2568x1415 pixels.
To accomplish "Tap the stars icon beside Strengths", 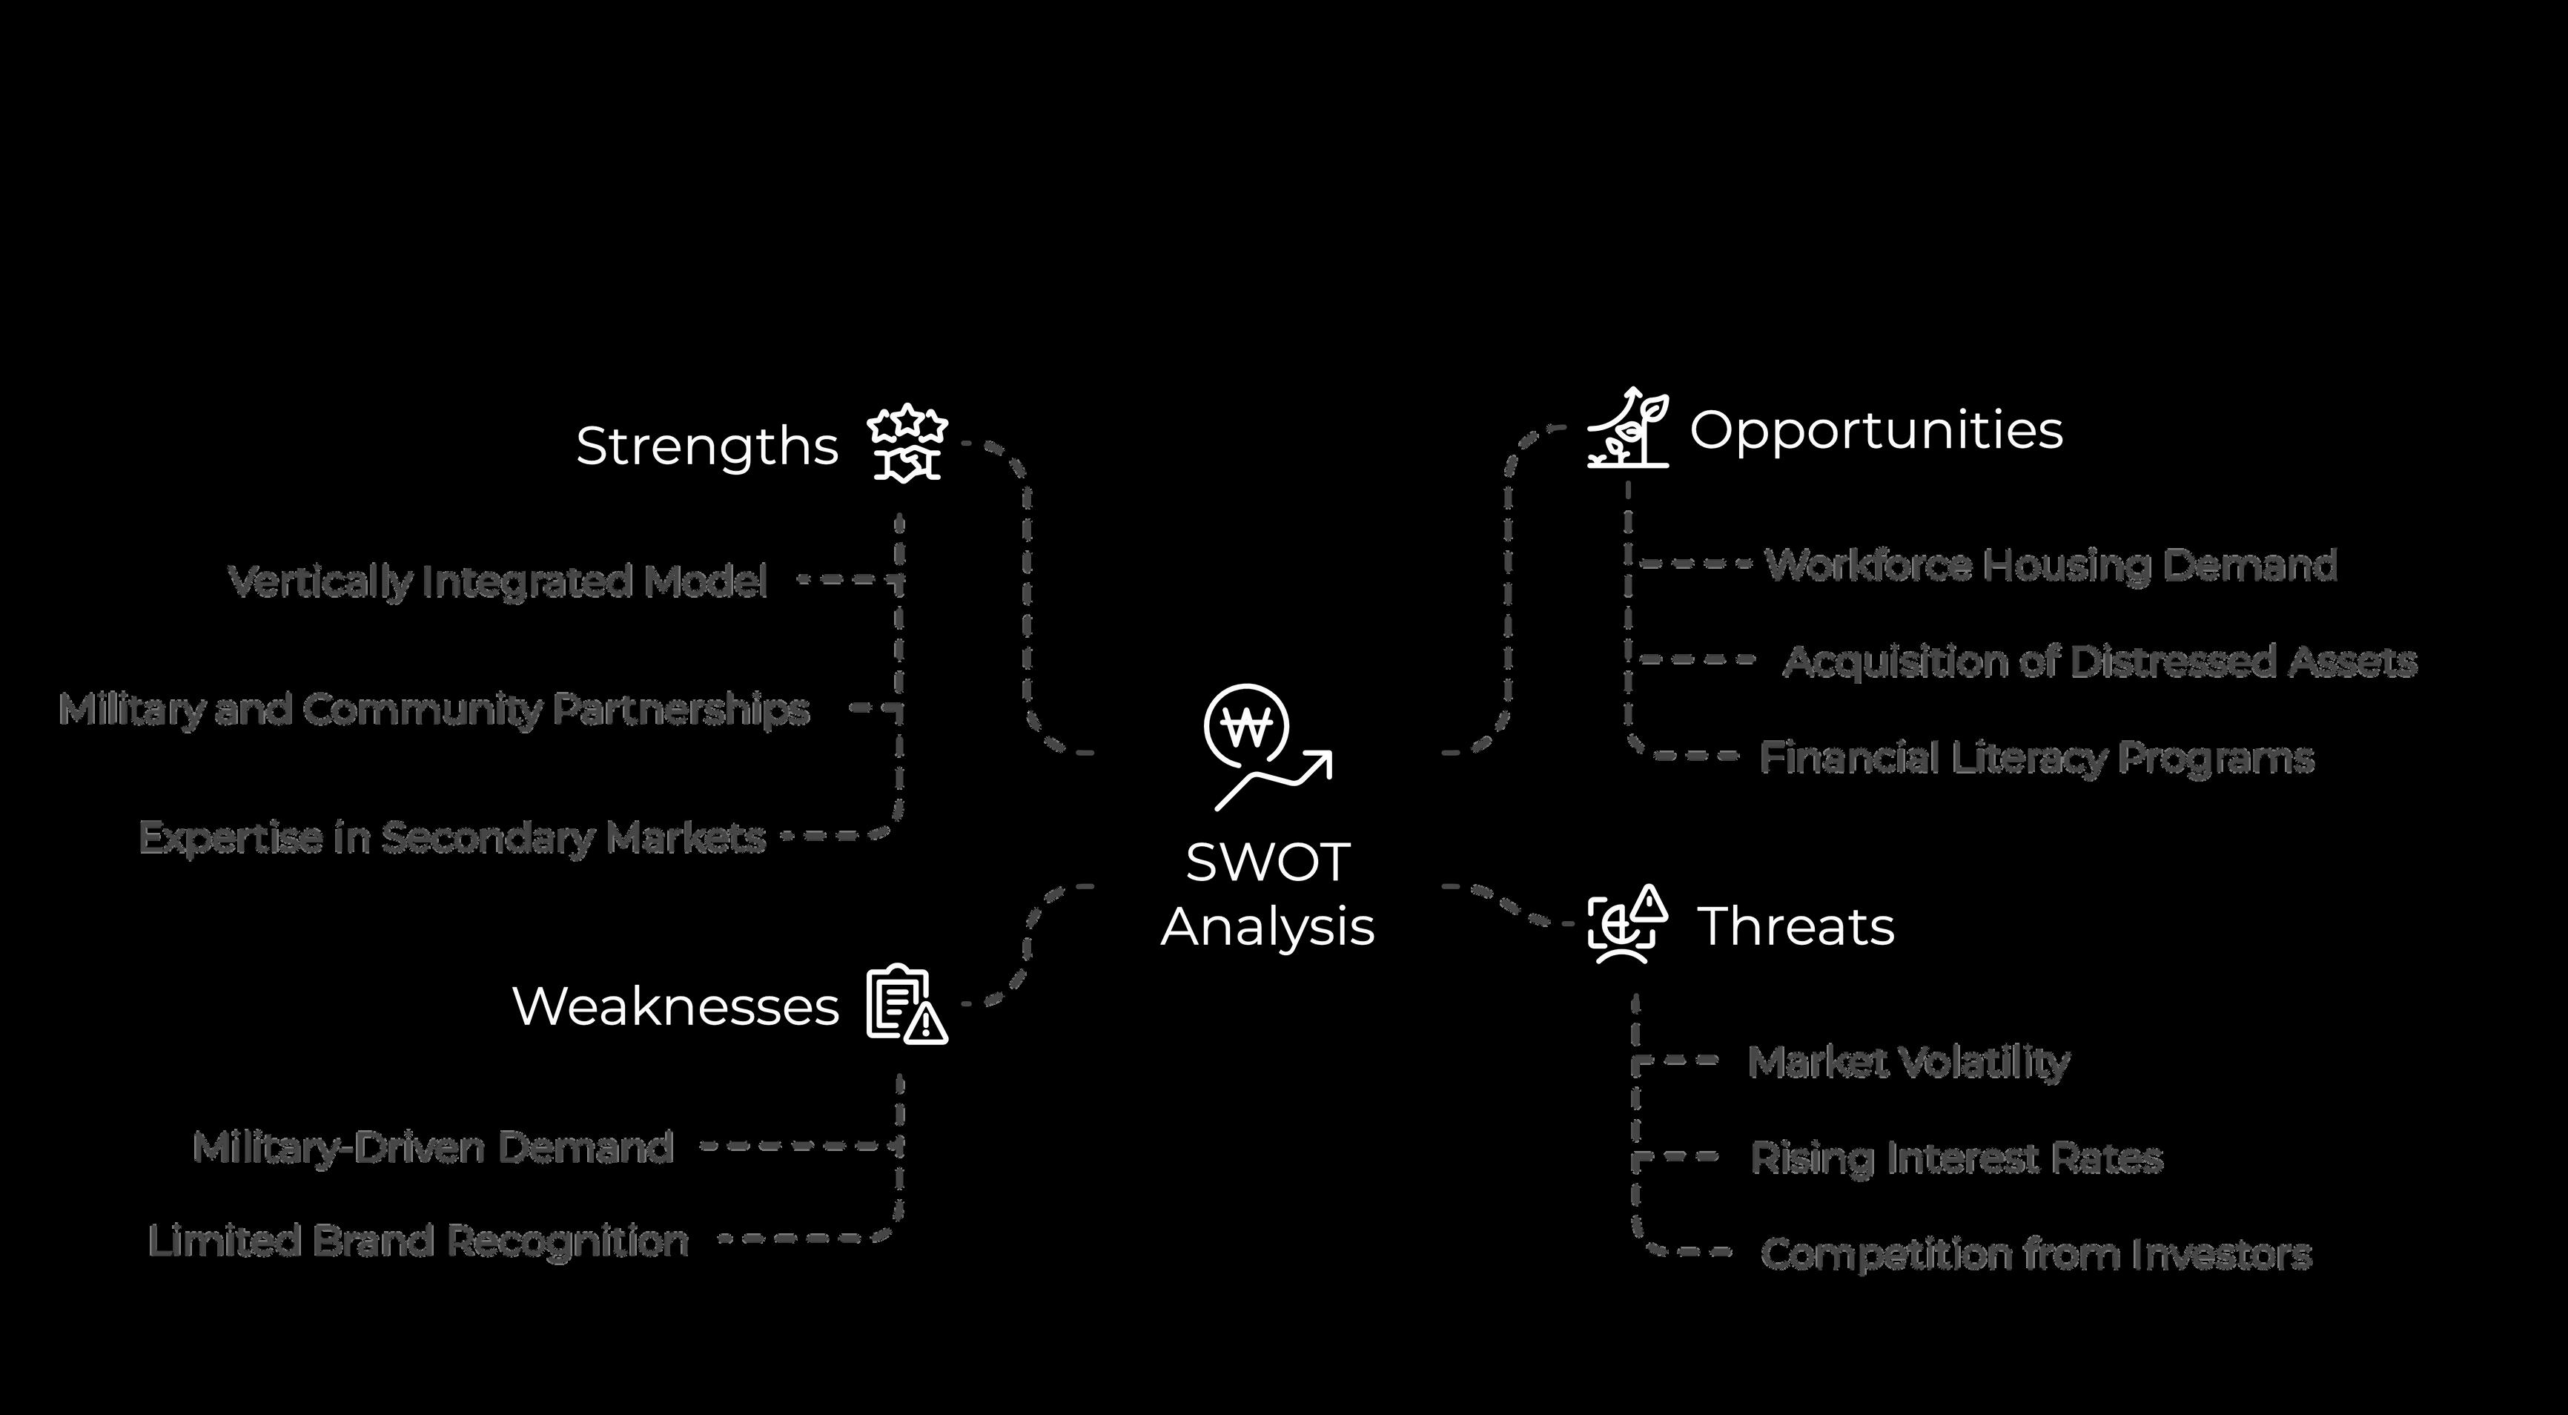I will pyautogui.click(x=906, y=443).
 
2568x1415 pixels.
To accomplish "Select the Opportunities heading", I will pyautogui.click(x=1875, y=430).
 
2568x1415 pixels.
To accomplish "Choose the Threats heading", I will pyautogui.click(x=1794, y=926).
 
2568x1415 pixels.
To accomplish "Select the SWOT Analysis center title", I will pyautogui.click(x=1268, y=894).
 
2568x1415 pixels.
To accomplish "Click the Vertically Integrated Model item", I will pyautogui.click(x=497, y=581).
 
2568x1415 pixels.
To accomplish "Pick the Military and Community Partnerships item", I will pyautogui.click(x=434, y=710).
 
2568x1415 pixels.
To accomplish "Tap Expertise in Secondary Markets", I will pyautogui.click(x=451, y=837).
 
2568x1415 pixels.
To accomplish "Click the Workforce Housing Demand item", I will pyautogui.click(x=2051, y=565).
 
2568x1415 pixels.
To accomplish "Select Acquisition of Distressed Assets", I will pyautogui.click(x=2099, y=661).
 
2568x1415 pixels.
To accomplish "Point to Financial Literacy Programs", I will pyautogui.click(x=2036, y=758).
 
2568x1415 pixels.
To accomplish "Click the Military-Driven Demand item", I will pyautogui.click(x=433, y=1148).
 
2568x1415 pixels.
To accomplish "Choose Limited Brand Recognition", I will pyautogui.click(x=417, y=1241).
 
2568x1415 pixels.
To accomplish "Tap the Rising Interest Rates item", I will pyautogui.click(x=1956, y=1158).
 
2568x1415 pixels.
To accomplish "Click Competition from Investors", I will pyautogui.click(x=2036, y=1253).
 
